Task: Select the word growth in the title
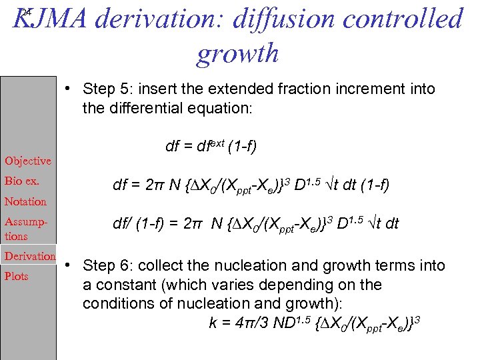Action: click(237, 53)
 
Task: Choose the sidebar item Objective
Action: click(28, 161)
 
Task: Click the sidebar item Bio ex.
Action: click(22, 181)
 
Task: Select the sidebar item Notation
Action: click(26, 201)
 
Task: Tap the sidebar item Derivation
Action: click(30, 256)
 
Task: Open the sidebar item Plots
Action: click(17, 276)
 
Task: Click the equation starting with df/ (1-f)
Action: click(256, 223)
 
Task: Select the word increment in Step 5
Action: click(363, 89)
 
